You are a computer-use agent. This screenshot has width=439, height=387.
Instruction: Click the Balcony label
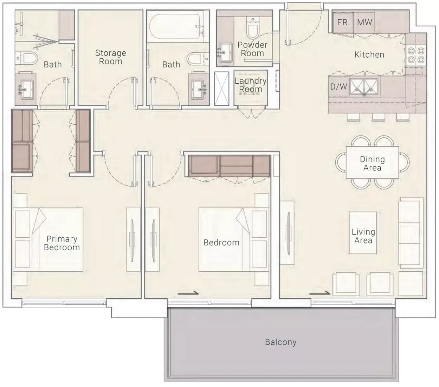click(280, 342)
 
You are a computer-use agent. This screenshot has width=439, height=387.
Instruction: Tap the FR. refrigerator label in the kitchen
click(343, 22)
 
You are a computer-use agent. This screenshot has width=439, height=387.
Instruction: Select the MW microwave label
click(364, 22)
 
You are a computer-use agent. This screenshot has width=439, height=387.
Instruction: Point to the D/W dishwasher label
click(338, 87)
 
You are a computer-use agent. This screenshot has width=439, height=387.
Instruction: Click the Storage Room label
click(110, 57)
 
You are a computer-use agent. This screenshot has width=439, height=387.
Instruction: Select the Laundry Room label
click(251, 85)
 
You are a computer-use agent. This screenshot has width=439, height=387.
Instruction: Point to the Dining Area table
click(372, 162)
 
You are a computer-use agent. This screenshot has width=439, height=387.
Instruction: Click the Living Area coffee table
click(363, 233)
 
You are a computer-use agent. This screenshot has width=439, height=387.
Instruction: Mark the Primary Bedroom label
click(62, 243)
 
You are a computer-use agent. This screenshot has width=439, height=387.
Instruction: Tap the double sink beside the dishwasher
click(364, 87)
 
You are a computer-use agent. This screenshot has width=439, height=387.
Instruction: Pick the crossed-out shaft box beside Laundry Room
click(222, 89)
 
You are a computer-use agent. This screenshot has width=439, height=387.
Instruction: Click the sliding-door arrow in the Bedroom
click(188, 293)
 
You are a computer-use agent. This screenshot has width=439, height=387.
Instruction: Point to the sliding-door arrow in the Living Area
click(319, 293)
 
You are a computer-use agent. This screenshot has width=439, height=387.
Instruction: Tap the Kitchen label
click(369, 54)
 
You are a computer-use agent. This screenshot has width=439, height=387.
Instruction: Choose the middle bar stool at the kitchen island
click(379, 117)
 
